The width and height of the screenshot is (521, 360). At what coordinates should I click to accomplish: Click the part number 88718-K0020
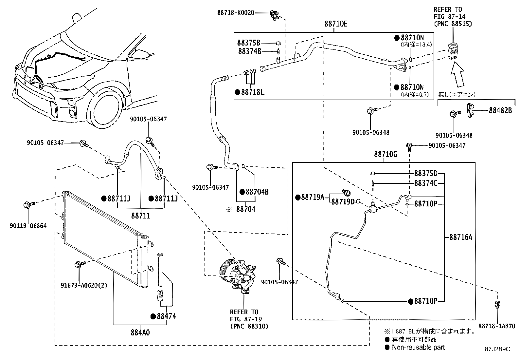coord(236,12)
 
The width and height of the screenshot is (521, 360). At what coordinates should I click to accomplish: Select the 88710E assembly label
coord(336,24)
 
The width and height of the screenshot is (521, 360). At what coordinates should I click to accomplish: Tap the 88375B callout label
coord(249,43)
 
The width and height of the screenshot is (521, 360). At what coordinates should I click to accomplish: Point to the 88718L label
coord(253,92)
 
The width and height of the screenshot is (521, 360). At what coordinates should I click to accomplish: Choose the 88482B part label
coord(500,110)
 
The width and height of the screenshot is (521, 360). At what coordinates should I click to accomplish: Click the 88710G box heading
coord(386,154)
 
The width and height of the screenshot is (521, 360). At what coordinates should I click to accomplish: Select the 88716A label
coord(461,237)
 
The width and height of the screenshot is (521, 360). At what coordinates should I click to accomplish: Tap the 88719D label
coord(343,202)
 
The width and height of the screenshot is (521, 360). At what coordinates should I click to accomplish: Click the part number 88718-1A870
coord(497,326)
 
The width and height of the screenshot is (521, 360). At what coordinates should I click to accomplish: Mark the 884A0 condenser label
coord(140,332)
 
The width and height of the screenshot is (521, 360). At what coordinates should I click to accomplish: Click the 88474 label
coord(166,316)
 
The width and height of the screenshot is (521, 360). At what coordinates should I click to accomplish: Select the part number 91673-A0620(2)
coord(84,286)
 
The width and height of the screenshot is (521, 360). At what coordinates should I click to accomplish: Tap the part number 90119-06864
coord(28,226)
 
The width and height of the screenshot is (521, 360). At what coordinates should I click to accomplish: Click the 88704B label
coord(257,192)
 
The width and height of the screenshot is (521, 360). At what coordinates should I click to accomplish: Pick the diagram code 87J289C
coord(497,349)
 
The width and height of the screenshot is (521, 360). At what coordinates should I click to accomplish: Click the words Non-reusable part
coord(418,347)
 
